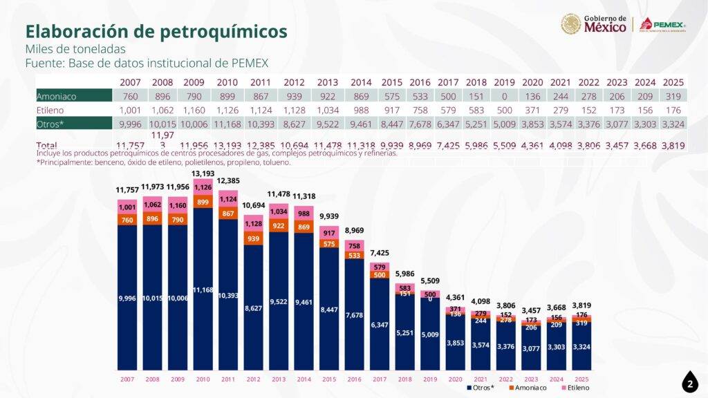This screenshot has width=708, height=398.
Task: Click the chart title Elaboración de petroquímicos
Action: (156, 31)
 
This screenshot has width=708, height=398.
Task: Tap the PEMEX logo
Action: (662, 25)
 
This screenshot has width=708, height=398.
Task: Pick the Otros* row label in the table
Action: (50, 124)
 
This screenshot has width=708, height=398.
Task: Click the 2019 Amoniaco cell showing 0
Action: (504, 97)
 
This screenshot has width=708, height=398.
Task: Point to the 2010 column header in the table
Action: (227, 82)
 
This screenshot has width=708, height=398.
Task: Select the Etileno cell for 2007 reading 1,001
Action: (130, 111)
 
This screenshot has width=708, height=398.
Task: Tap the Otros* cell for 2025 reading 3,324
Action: (673, 124)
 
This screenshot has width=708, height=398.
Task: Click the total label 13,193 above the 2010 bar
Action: (203, 173)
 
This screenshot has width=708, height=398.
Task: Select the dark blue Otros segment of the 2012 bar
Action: (254, 307)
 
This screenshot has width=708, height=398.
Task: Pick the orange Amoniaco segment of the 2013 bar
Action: (279, 226)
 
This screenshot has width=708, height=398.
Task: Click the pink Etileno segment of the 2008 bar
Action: (152, 205)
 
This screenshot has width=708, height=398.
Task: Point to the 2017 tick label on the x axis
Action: (379, 379)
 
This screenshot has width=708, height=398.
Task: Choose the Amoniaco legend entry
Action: (527, 388)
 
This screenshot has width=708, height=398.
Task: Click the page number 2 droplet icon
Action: (689, 383)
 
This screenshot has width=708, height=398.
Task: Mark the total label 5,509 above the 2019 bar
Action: (429, 281)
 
